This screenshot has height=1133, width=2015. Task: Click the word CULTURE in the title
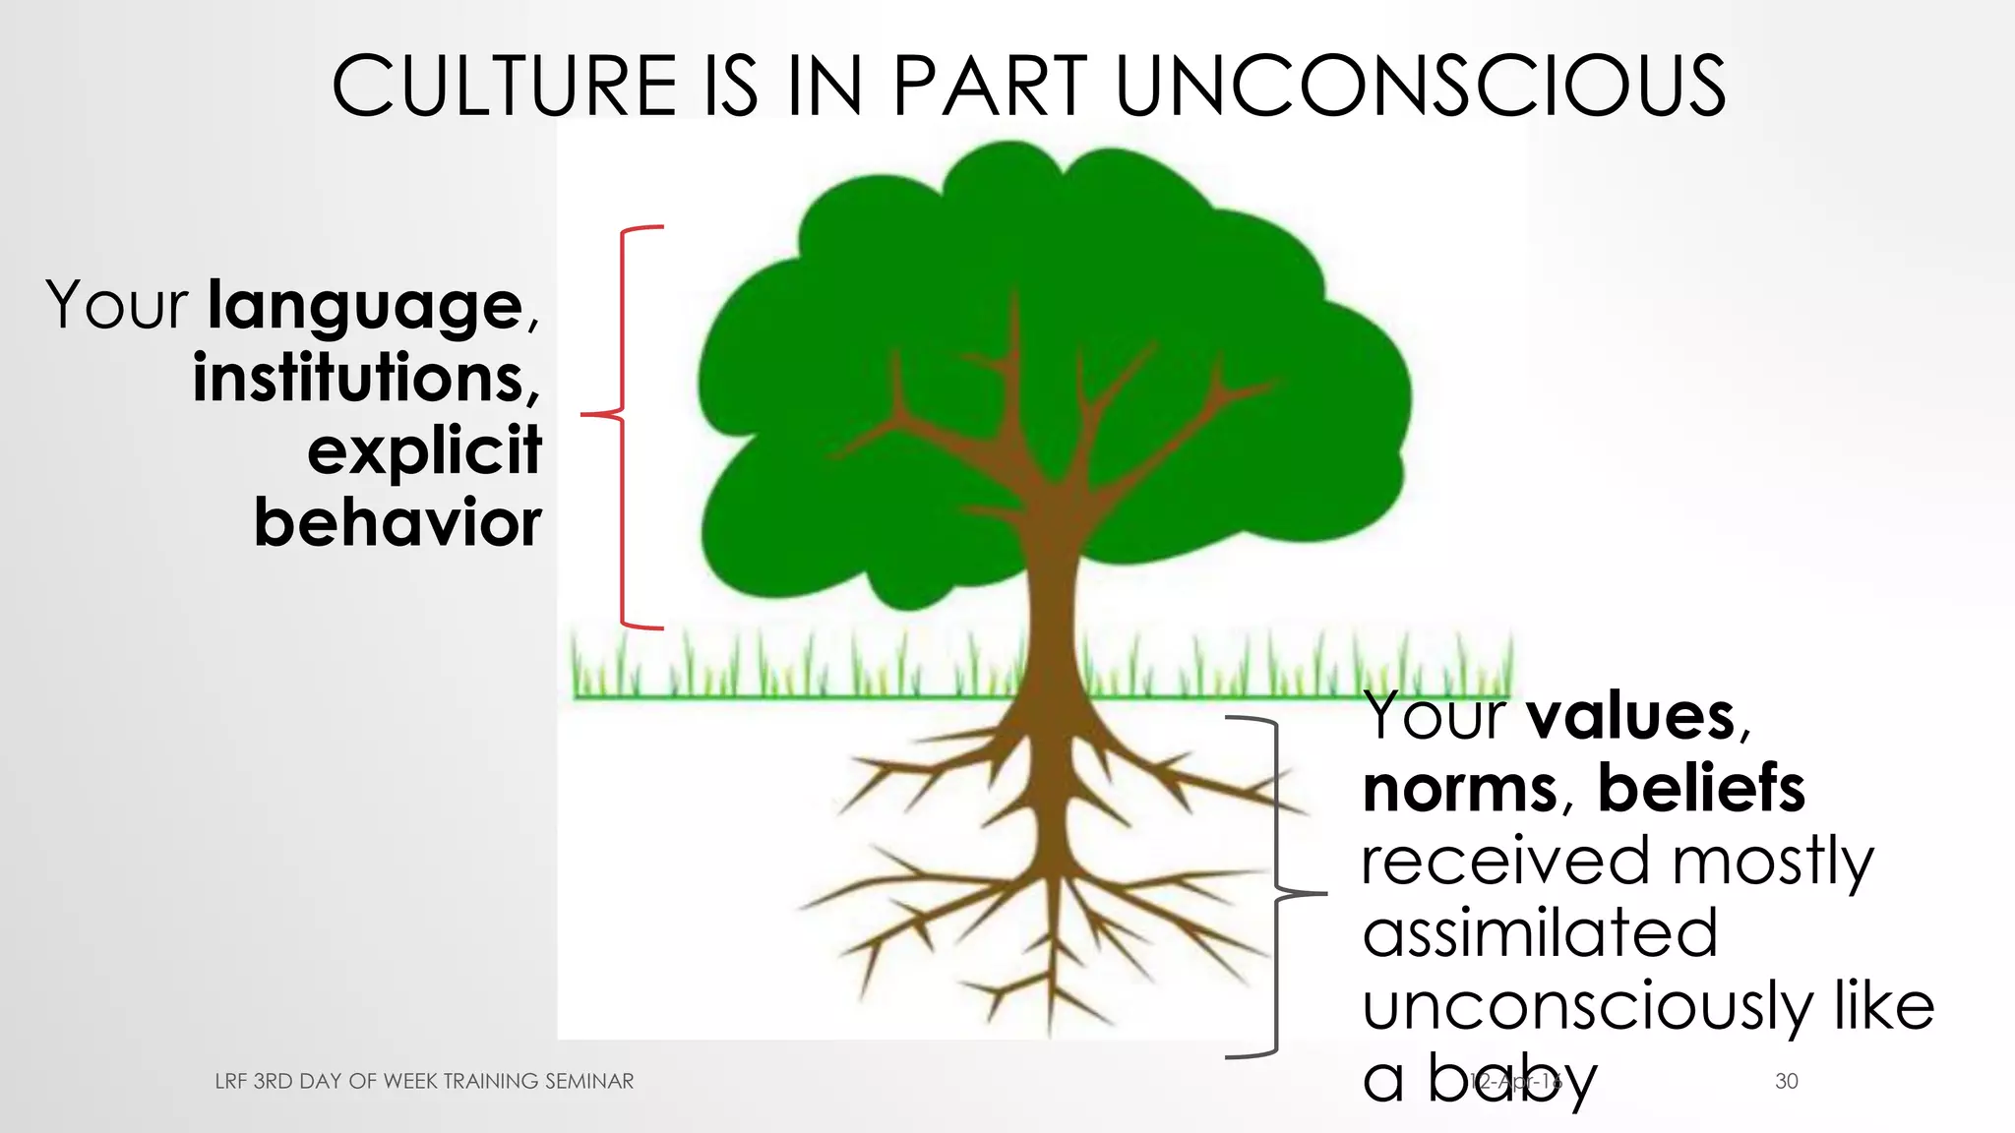[x=504, y=87]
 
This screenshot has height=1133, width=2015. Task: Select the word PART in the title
[x=990, y=87]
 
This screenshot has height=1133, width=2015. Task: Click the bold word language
[x=365, y=308]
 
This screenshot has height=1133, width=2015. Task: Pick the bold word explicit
[x=424, y=451]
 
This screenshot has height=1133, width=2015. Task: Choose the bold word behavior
[x=397, y=522]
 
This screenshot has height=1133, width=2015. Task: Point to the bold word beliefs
[x=1701, y=789]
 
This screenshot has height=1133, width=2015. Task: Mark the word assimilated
[x=1540, y=933]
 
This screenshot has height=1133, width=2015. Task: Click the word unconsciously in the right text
[x=1587, y=1006]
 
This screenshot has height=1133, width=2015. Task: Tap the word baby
[x=1512, y=1079]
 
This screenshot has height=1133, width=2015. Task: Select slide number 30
[x=1787, y=1081]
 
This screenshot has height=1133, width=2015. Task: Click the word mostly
[x=1773, y=862]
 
